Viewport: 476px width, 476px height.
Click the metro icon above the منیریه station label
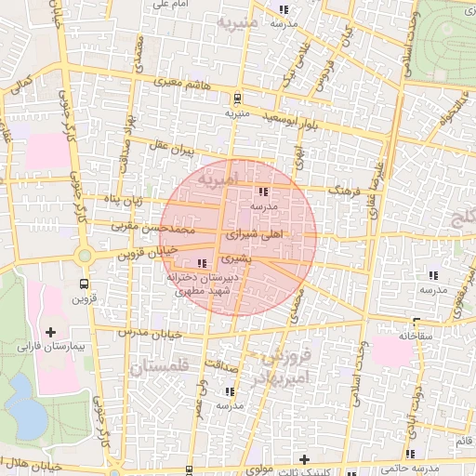(x=238, y=98)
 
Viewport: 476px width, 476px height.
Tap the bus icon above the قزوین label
(x=85, y=284)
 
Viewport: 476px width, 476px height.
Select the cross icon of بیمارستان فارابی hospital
(x=50, y=332)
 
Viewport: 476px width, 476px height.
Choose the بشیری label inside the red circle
(x=235, y=258)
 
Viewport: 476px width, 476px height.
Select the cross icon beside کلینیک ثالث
(x=303, y=458)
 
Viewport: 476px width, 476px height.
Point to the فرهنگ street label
(x=344, y=190)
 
